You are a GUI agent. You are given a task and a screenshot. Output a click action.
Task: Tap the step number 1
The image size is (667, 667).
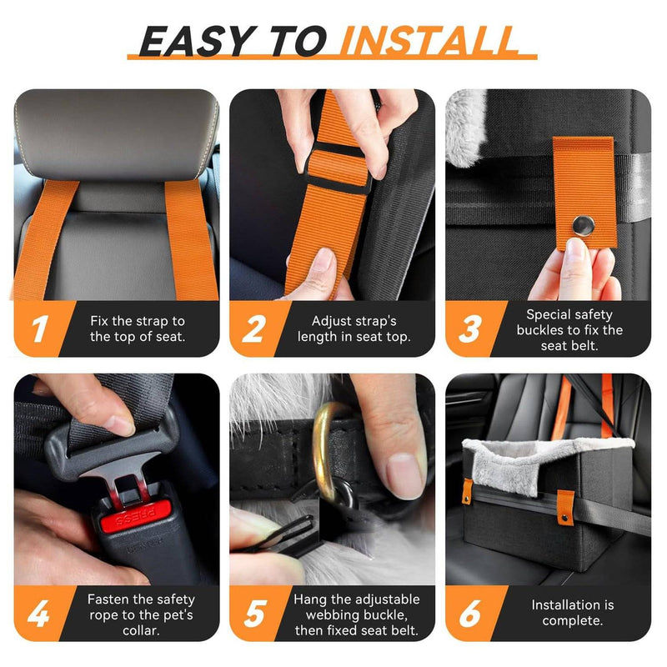(38, 329)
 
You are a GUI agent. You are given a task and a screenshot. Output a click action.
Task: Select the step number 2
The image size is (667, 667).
(253, 329)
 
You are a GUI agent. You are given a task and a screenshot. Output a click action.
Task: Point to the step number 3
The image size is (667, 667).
(470, 329)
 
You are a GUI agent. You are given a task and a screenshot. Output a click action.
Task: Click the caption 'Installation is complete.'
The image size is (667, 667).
(572, 613)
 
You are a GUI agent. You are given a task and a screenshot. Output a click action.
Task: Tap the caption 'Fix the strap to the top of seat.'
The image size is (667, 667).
(138, 328)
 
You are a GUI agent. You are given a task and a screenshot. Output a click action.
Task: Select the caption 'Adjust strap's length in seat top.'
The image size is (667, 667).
(354, 328)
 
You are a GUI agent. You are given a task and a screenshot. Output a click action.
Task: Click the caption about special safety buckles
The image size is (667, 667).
(572, 328)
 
